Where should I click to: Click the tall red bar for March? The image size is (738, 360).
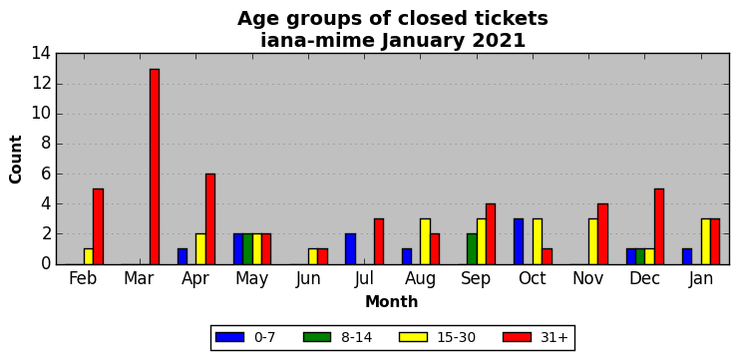(x=155, y=167)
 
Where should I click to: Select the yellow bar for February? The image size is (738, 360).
(x=89, y=256)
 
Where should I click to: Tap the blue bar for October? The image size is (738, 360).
(x=519, y=241)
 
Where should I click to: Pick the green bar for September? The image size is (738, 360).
(x=472, y=249)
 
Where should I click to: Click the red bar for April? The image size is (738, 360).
(x=210, y=218)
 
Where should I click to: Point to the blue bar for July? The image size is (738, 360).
(x=350, y=249)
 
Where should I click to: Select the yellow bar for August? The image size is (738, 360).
(x=425, y=241)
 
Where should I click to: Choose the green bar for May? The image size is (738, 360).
(x=247, y=249)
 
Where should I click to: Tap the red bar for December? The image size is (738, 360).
(x=659, y=226)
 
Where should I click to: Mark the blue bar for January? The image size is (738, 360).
(x=687, y=256)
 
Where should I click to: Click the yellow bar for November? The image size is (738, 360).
(x=593, y=241)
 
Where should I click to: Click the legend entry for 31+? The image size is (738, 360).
(x=536, y=337)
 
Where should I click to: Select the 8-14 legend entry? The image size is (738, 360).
(x=337, y=337)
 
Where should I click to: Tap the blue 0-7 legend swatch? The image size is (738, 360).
(x=229, y=337)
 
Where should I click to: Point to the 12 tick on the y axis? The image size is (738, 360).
(x=42, y=84)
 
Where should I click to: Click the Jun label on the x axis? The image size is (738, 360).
(x=308, y=278)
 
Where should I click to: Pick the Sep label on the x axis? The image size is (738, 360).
(x=476, y=278)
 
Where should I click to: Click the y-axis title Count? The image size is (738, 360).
(x=16, y=160)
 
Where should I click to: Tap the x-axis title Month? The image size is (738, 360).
(x=392, y=301)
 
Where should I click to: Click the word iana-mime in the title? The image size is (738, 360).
(x=317, y=41)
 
